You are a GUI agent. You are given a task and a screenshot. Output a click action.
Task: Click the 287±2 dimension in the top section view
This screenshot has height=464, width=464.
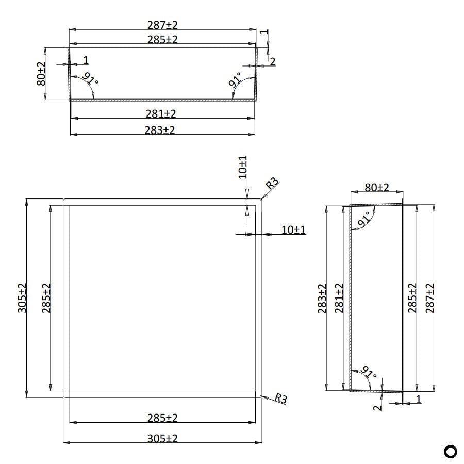click(x=162, y=25)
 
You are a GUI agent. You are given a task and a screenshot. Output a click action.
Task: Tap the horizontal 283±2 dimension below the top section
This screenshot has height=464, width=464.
click(x=160, y=130)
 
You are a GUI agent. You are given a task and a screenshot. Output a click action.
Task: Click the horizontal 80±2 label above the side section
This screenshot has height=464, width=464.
click(x=377, y=187)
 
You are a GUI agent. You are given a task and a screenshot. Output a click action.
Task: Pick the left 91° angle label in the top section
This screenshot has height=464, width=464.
click(x=90, y=80)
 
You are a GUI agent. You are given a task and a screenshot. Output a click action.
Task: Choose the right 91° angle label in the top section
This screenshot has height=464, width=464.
click(x=236, y=80)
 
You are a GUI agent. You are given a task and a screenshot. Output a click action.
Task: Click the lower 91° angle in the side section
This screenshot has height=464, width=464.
click(x=368, y=372)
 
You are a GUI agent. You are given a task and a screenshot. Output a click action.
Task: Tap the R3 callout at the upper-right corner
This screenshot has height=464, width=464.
click(x=272, y=183)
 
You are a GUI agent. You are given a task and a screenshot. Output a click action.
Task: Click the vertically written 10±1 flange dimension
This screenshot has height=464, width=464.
click(x=243, y=167)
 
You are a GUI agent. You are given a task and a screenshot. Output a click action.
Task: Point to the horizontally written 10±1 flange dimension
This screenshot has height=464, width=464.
click(x=293, y=229)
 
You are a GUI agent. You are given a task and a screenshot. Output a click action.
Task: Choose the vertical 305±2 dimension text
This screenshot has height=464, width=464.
click(x=23, y=298)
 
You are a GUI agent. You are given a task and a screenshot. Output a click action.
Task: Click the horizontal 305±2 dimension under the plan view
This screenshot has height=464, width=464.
click(x=162, y=438)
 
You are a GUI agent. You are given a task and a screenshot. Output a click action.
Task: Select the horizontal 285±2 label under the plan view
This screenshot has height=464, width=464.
click(x=162, y=418)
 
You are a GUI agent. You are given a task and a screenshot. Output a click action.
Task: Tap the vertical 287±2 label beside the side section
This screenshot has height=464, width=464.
click(x=430, y=298)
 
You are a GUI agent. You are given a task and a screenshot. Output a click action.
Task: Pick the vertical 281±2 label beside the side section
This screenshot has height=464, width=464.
click(x=339, y=298)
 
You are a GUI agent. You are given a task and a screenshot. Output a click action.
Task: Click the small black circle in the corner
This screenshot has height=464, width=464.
click(x=450, y=451)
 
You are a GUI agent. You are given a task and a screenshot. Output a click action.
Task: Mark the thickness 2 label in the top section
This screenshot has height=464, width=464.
click(x=273, y=61)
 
